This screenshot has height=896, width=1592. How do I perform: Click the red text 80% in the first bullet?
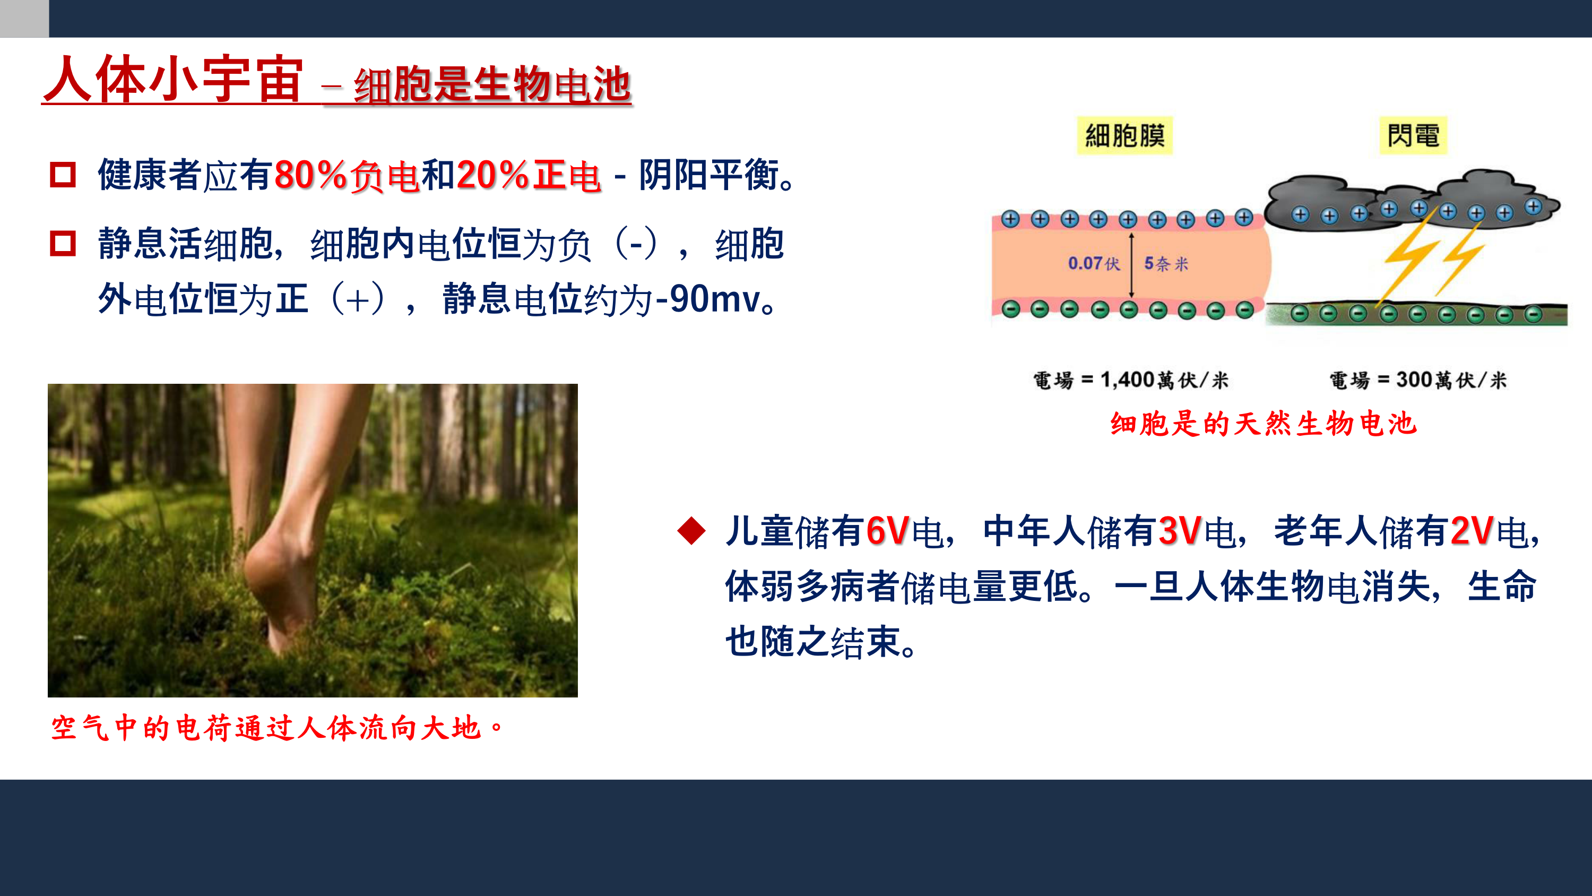[x=311, y=175]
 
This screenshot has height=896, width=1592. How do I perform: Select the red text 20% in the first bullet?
[x=492, y=175]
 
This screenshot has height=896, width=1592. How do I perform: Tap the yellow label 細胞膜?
[x=1125, y=135]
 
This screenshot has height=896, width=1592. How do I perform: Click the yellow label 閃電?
[x=1413, y=135]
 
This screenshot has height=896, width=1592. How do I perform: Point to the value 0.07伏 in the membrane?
[x=1094, y=263]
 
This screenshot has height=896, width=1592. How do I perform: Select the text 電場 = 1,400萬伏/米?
[x=1131, y=380]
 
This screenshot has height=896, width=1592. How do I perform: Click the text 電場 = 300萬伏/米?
[x=1418, y=380]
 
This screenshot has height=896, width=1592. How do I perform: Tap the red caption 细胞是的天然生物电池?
[x=1263, y=424]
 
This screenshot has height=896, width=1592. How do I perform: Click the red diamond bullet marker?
[x=691, y=531]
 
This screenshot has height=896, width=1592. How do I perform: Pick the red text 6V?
[x=887, y=531]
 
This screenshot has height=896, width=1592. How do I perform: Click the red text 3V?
[x=1180, y=531]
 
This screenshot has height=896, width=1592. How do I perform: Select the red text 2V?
[x=1472, y=531]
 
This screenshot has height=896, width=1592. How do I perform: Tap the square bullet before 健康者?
[x=63, y=175]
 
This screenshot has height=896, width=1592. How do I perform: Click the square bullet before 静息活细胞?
[x=63, y=243]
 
